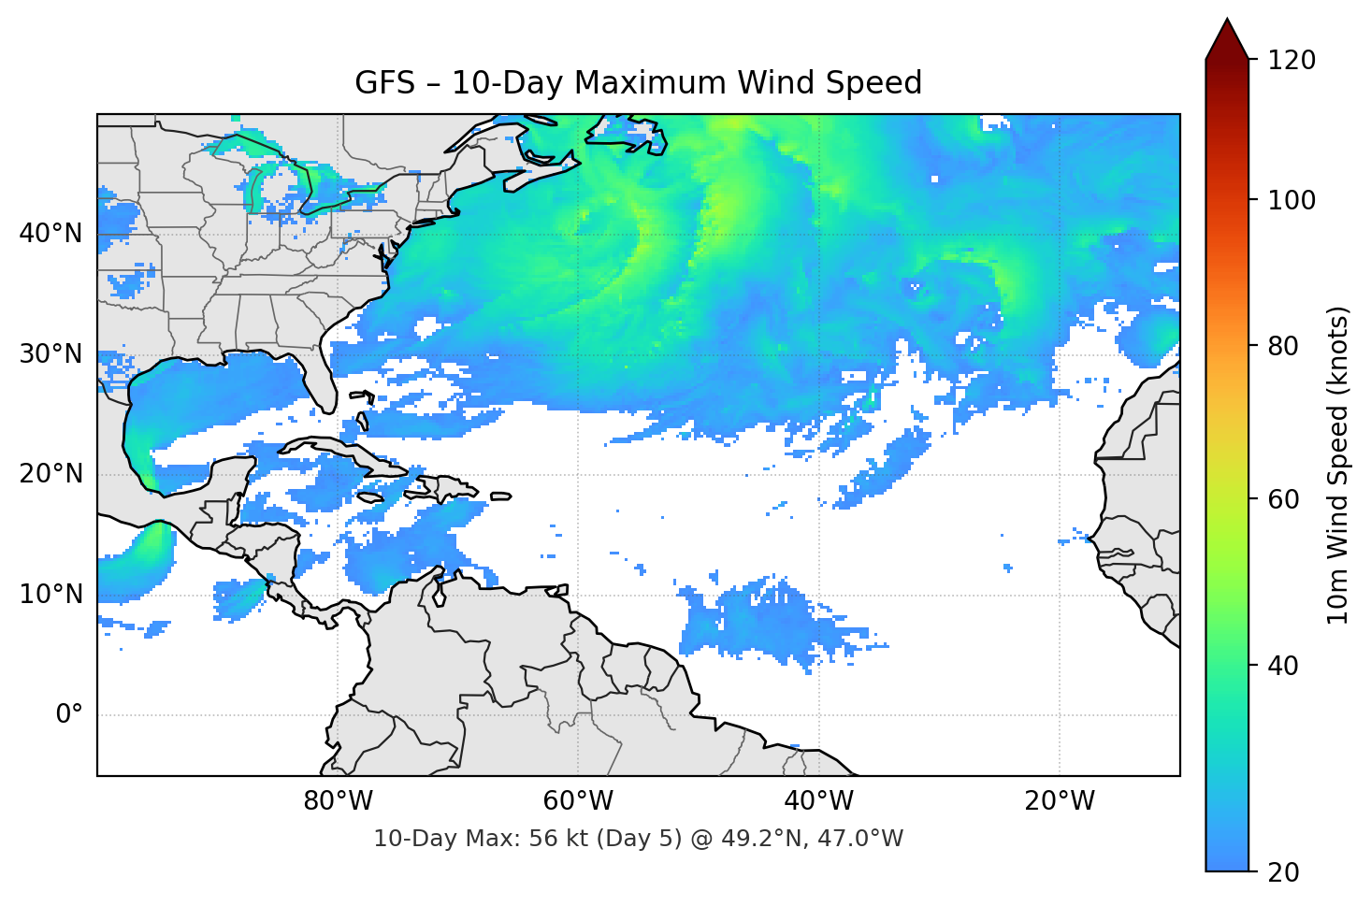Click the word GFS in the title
click(384, 83)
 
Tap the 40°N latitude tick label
click(51, 233)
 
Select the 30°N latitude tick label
click(51, 354)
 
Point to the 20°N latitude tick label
click(51, 474)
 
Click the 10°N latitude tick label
click(51, 595)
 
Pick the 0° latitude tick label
click(69, 715)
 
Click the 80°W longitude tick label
click(338, 801)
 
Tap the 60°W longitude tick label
click(578, 801)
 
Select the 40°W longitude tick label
click(818, 801)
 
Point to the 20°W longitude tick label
click(1059, 801)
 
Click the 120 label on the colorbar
click(1292, 61)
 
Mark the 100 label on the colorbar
click(1292, 200)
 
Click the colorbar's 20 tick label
click(1283, 872)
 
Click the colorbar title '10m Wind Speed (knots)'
click(1338, 465)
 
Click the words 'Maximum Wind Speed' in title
click(748, 83)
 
